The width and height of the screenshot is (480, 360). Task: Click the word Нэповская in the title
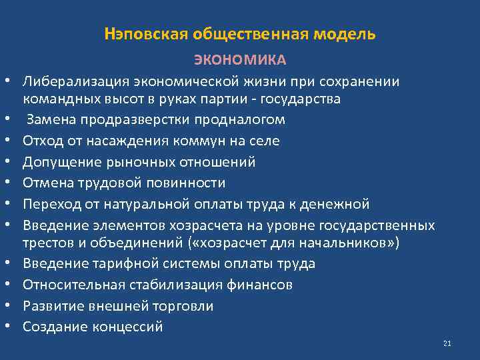pyautogui.click(x=139, y=34)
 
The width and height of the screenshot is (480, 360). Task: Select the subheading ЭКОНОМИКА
pyautogui.click(x=240, y=61)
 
